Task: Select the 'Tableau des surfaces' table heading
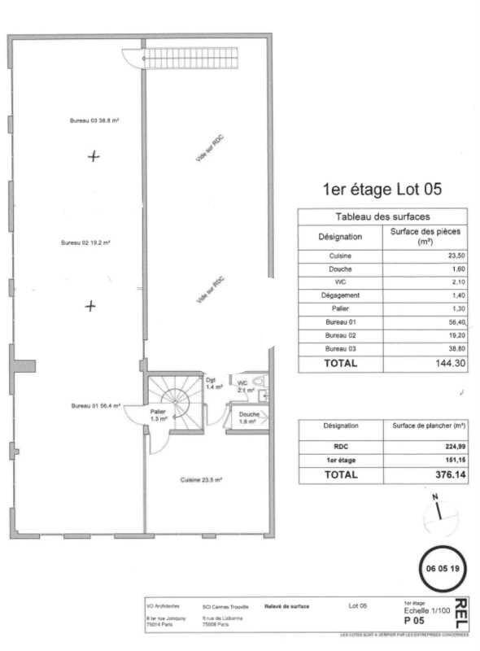[x=382, y=216]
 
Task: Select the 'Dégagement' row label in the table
[x=340, y=295]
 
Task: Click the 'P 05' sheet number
[x=414, y=620]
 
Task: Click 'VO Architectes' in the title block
[x=161, y=606]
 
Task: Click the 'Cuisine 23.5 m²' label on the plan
[x=201, y=479]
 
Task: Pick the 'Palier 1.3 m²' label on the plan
[x=158, y=416]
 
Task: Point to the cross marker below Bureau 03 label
[x=94, y=156]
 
